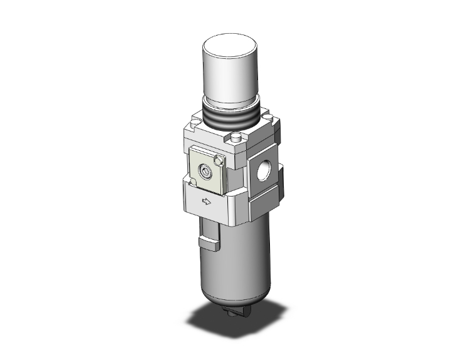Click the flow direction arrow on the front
[x=205, y=201]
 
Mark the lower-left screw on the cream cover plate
[x=194, y=182]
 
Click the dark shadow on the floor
[x=188, y=332]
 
